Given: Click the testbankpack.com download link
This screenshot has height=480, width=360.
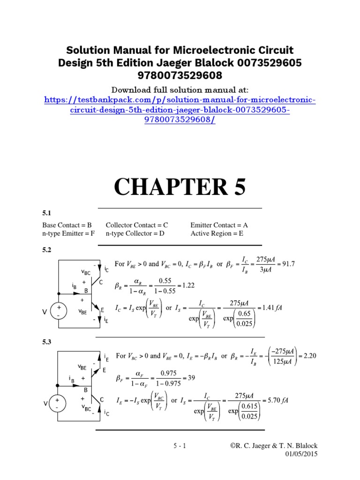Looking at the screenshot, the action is (x=180, y=111).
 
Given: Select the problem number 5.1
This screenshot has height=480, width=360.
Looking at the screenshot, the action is (x=46, y=213).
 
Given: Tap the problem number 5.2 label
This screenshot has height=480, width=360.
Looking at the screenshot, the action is (x=46, y=251).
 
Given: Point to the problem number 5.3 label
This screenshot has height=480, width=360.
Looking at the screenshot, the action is (x=46, y=342).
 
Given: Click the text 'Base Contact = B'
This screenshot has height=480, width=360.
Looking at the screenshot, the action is (x=67, y=225).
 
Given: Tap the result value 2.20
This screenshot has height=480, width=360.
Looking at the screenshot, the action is (x=310, y=355).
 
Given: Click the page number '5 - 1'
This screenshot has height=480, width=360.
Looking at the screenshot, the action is (x=180, y=446).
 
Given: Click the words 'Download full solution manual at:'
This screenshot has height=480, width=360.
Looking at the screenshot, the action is (x=180, y=90).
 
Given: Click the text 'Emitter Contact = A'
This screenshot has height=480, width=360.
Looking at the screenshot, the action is (x=219, y=225).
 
